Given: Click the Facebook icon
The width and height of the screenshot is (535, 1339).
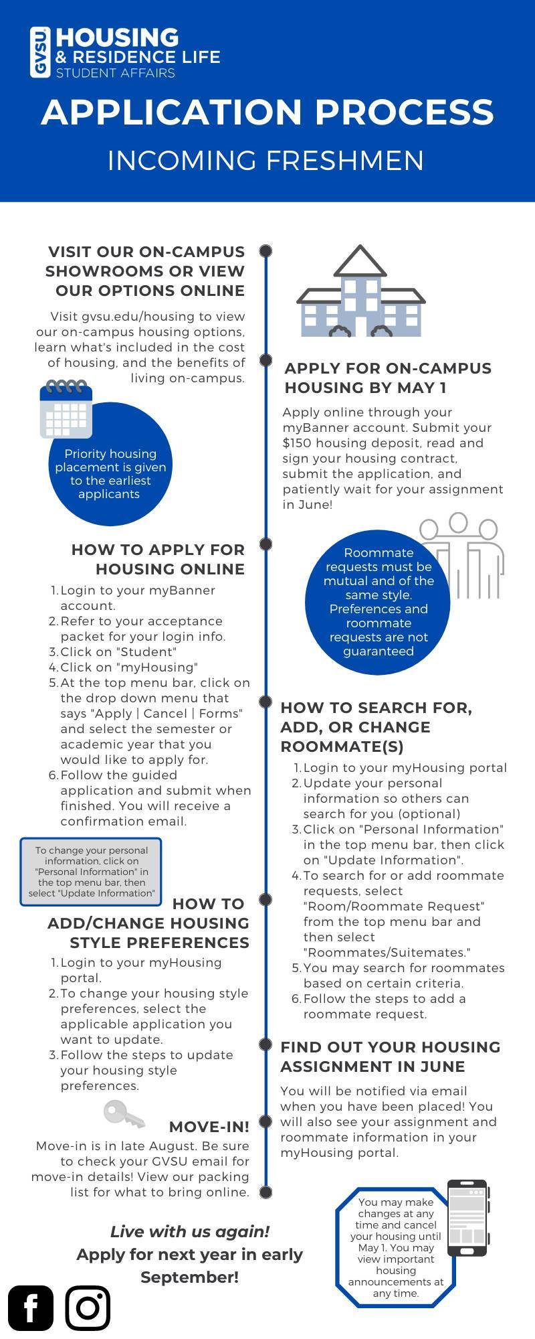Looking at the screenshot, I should (31, 1308).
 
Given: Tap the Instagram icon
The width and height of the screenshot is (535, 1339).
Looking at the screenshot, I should (88, 1308).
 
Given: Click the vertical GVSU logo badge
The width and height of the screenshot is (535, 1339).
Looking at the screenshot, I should (39, 52).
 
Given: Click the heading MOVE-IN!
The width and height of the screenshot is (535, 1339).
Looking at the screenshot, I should (209, 1127).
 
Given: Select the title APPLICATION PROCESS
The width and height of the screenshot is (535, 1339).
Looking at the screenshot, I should (267, 112).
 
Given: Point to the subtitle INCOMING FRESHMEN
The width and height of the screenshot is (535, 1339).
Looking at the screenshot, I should (266, 161).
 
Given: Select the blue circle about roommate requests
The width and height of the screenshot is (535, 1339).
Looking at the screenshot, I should (378, 602).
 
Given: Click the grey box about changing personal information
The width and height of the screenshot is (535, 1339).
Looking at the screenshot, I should (91, 872).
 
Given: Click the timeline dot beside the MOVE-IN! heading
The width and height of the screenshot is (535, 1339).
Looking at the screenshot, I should (265, 1121).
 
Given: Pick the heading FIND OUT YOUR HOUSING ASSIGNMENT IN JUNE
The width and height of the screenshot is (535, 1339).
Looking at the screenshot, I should (390, 1056).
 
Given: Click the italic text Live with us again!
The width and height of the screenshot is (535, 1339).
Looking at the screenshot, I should (190, 1231).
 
